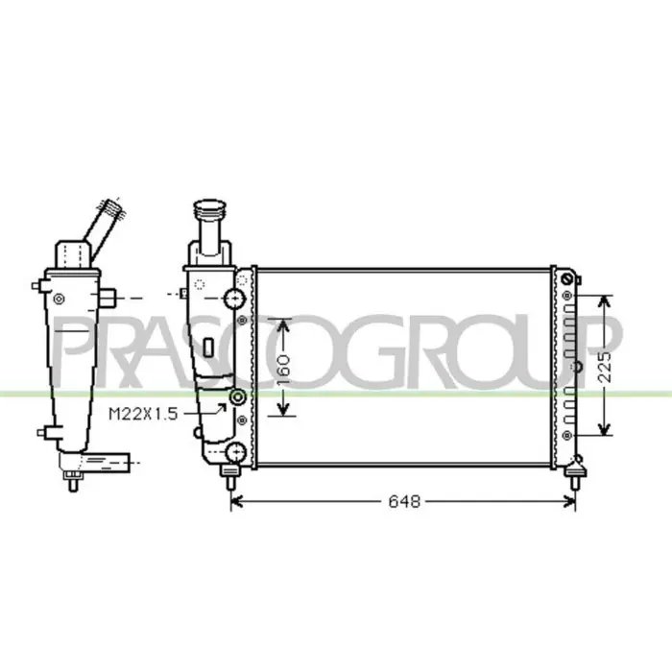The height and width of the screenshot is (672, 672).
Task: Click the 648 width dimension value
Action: tap(404, 501)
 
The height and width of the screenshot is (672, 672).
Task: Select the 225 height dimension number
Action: tap(605, 368)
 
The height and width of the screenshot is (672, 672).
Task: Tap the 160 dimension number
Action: tap(283, 369)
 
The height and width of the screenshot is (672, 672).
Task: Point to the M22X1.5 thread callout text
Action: tap(143, 414)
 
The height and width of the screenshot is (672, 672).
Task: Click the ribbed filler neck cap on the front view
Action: tap(209, 208)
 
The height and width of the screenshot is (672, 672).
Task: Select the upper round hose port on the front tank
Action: tap(235, 299)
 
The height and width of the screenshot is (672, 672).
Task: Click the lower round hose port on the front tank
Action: tap(236, 452)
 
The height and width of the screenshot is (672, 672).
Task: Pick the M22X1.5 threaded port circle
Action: tap(237, 397)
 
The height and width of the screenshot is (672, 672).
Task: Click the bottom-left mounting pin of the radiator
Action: tap(229, 477)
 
